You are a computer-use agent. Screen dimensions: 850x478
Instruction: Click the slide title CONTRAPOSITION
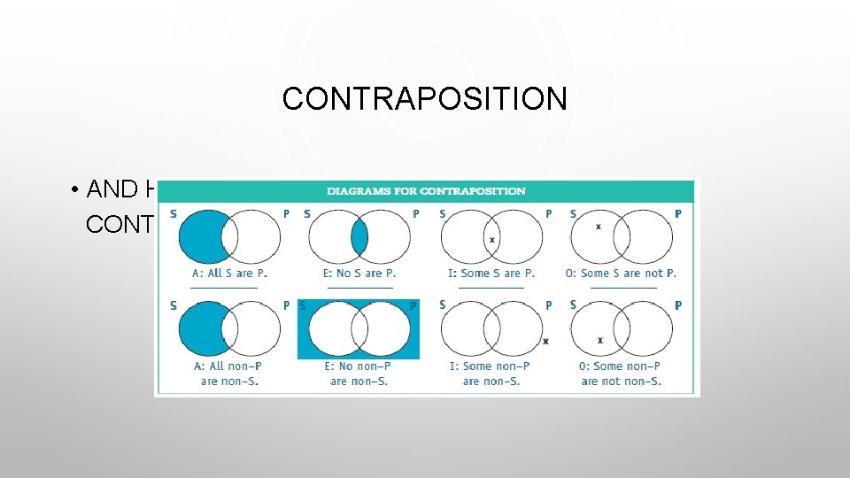click(x=424, y=98)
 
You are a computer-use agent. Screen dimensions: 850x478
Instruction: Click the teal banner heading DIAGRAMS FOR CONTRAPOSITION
click(x=426, y=191)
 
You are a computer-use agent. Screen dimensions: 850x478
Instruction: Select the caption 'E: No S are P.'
click(x=359, y=274)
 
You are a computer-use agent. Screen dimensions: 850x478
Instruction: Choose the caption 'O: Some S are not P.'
click(x=621, y=274)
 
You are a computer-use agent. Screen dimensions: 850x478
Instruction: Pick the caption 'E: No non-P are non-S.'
click(x=359, y=374)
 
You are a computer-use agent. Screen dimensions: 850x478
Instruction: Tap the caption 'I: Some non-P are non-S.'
click(x=491, y=374)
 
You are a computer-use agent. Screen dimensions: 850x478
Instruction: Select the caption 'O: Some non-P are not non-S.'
click(x=621, y=374)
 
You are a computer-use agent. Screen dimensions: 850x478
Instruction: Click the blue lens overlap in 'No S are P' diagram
click(x=359, y=237)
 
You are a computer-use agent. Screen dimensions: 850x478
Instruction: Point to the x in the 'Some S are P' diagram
click(x=491, y=240)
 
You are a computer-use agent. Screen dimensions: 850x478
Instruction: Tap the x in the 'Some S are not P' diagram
click(x=599, y=227)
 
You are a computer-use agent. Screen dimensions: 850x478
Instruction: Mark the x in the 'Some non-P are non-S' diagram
click(x=545, y=341)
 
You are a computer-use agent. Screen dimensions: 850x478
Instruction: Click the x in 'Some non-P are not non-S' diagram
click(x=600, y=340)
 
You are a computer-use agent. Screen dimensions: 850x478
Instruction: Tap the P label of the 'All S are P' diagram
click(x=285, y=214)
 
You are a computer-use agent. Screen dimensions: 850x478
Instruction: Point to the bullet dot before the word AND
click(x=78, y=189)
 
